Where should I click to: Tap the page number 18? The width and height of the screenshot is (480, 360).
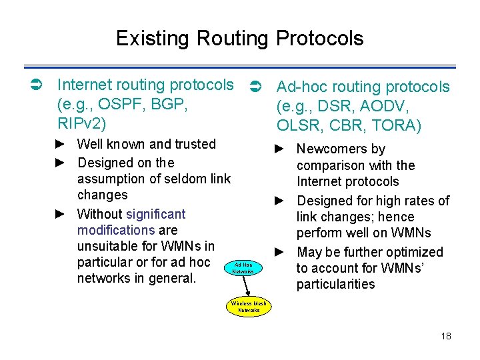click(446, 336)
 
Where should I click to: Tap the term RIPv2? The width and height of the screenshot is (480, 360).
click(82, 124)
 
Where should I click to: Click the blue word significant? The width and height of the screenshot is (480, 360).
click(155, 214)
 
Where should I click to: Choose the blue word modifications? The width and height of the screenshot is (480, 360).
click(116, 230)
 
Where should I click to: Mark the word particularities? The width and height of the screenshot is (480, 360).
click(336, 284)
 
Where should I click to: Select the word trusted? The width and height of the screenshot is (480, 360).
click(193, 144)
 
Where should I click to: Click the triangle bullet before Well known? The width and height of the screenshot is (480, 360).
click(59, 145)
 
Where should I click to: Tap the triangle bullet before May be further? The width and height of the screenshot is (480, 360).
click(279, 252)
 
